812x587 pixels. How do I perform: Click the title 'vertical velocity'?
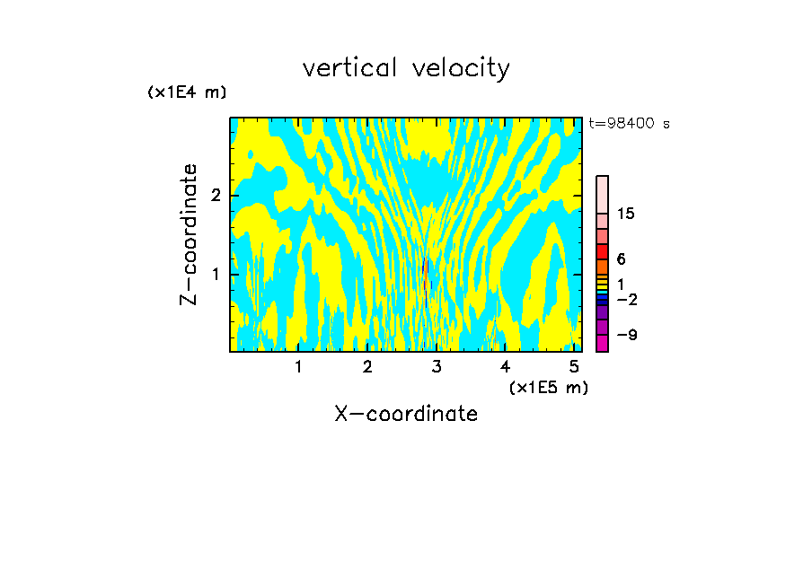(x=406, y=68)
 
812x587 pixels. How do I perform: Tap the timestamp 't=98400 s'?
(x=629, y=124)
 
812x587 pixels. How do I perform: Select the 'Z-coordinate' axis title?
(x=189, y=234)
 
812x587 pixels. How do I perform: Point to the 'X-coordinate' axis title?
(x=406, y=414)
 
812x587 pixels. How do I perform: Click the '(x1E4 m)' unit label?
(x=187, y=92)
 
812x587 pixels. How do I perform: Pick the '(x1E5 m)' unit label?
(x=548, y=387)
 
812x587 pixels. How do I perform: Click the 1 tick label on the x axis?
(x=298, y=367)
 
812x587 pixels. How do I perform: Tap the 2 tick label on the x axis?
(x=367, y=367)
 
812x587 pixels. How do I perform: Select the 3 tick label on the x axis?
(x=437, y=367)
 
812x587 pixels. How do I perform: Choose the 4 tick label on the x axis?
(x=505, y=367)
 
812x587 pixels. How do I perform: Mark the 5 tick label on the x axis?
(x=574, y=367)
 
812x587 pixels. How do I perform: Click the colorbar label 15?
(x=626, y=214)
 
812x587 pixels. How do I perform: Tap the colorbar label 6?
(x=621, y=258)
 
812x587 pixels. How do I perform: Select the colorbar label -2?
(x=626, y=299)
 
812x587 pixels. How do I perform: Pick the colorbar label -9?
(x=626, y=335)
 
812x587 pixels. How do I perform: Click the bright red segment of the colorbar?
(x=602, y=251)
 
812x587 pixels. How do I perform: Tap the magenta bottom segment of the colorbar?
(x=602, y=343)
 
